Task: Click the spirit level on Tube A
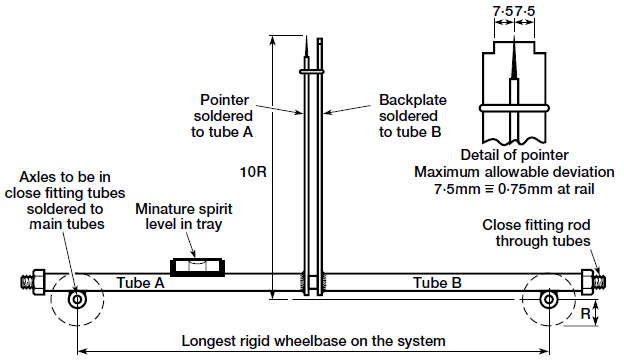(198, 267)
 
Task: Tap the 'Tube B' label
(437, 283)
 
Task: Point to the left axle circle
(76, 299)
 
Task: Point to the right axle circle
(548, 299)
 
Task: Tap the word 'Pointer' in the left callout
(225, 101)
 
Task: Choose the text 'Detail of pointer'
(513, 155)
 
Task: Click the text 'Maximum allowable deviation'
(513, 172)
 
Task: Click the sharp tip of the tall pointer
(303, 37)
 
